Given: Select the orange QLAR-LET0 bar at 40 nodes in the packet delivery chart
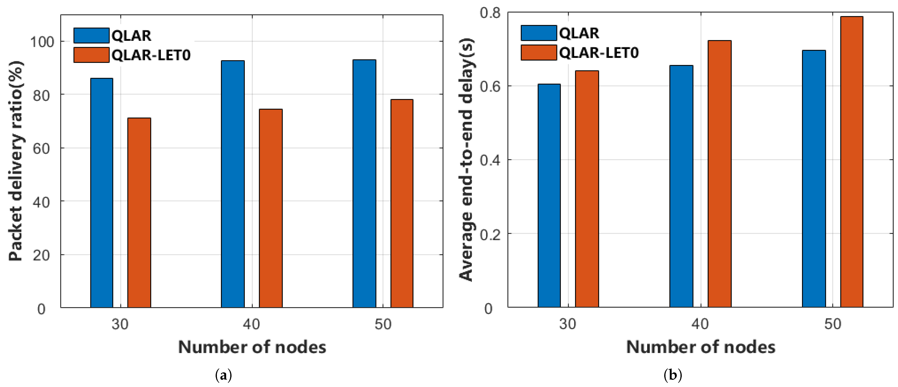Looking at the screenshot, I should tap(270, 208).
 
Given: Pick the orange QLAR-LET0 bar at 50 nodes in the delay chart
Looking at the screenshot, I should tap(852, 162).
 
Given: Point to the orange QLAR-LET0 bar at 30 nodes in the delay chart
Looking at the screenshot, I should tap(587, 189).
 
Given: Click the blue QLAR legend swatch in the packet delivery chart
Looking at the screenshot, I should tap(91, 36).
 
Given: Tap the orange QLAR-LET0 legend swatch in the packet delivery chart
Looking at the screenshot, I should tap(91, 55).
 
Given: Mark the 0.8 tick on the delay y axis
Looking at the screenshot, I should tap(490, 13).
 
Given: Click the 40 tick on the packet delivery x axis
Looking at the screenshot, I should tap(251, 324).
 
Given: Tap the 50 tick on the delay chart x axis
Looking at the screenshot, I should tap(833, 324).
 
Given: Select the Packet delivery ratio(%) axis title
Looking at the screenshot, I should tap(16, 161).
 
